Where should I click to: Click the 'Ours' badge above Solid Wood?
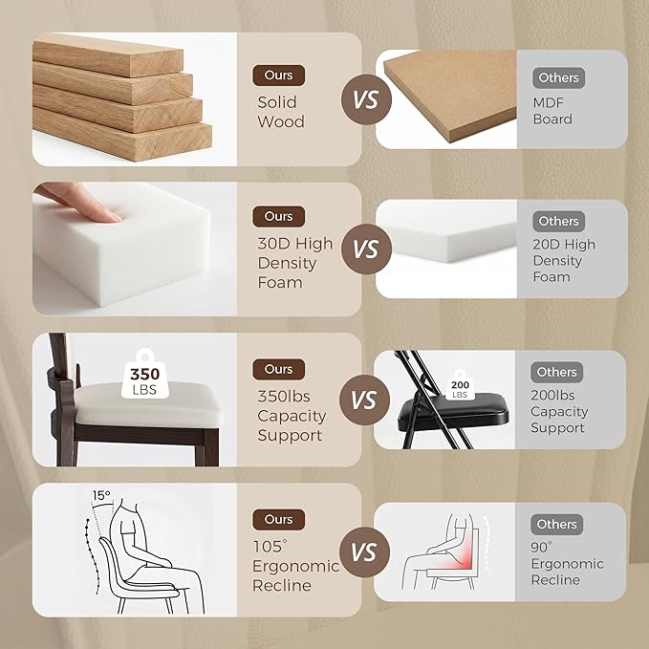coord(278,76)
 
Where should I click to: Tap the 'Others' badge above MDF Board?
coord(558,77)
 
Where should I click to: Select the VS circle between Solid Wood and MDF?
coord(366,99)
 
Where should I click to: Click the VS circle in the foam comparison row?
coord(366,249)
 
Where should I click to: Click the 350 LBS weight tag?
coord(145,375)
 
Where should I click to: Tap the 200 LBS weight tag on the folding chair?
coord(460,385)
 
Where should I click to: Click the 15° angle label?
coord(101,495)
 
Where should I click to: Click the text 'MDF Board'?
coord(552,111)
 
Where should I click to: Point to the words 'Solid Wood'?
coord(281,112)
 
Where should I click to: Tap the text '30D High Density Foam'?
coord(294,263)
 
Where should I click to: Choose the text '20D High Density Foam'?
coord(564,260)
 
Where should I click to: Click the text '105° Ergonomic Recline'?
coord(295,566)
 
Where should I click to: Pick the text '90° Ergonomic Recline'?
coord(567,563)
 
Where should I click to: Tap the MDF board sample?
coord(450,96)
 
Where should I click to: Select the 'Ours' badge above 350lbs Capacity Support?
coord(278,369)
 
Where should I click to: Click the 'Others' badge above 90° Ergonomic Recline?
coord(556,524)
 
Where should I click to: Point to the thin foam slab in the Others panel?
coord(449,243)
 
